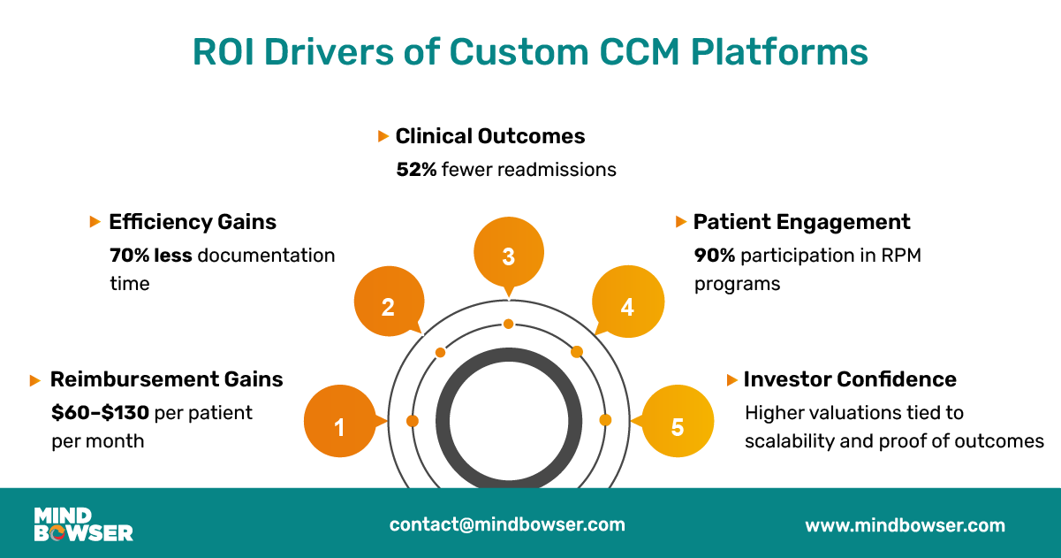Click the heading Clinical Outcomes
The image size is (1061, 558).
[490, 136]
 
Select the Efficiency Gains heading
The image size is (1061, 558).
[193, 222]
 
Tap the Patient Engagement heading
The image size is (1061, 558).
[801, 222]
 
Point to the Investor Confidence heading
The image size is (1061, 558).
[850, 379]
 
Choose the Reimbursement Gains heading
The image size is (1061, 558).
[166, 379]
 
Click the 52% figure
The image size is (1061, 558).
[416, 169]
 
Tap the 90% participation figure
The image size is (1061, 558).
[714, 256]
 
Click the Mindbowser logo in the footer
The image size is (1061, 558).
[83, 524]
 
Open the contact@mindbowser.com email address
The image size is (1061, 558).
[507, 524]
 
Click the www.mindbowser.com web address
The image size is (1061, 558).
[905, 525]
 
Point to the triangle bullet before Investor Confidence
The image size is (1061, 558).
[731, 379]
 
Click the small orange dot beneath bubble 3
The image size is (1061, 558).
[509, 324]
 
